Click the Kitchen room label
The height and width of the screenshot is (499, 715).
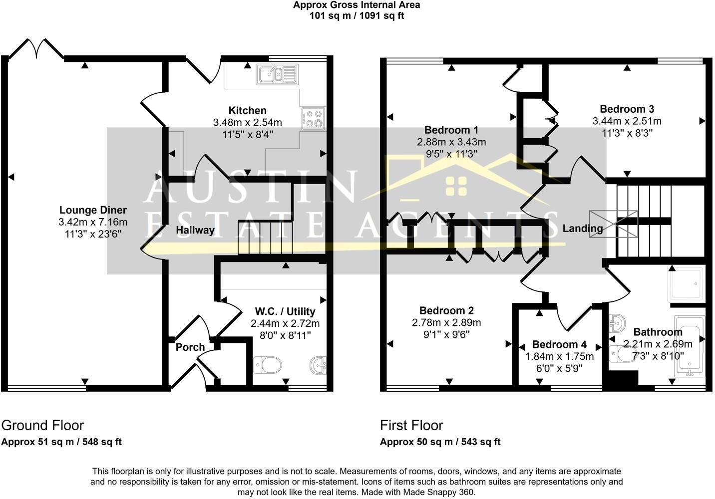tap(247, 110)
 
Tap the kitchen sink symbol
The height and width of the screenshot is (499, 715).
tap(277, 75)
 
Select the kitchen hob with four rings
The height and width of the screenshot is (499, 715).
tap(313, 118)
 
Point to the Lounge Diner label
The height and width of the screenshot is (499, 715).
tap(93, 210)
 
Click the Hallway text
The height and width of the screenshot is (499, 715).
tap(195, 230)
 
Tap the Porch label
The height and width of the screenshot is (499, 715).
tap(190, 347)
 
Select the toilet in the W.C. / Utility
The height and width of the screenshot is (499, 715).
tap(267, 365)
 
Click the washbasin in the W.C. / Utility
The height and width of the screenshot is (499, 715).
tap(318, 365)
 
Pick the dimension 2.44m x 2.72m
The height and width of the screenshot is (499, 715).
tap(285, 323)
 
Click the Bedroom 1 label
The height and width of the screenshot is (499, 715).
tap(451, 130)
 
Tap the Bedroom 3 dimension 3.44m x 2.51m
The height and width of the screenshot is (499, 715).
tap(627, 121)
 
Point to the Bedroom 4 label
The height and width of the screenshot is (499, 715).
tap(559, 345)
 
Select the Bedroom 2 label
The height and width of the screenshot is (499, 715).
tap(446, 310)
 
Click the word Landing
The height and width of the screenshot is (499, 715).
tap(583, 229)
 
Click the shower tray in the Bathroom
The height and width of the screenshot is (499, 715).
tap(686, 284)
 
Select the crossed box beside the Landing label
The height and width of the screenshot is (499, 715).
tap(613, 224)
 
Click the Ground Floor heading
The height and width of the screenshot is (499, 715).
tap(42, 425)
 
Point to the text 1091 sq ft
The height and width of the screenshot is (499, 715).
tap(382, 15)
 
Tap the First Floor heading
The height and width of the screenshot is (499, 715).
tap(411, 425)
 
